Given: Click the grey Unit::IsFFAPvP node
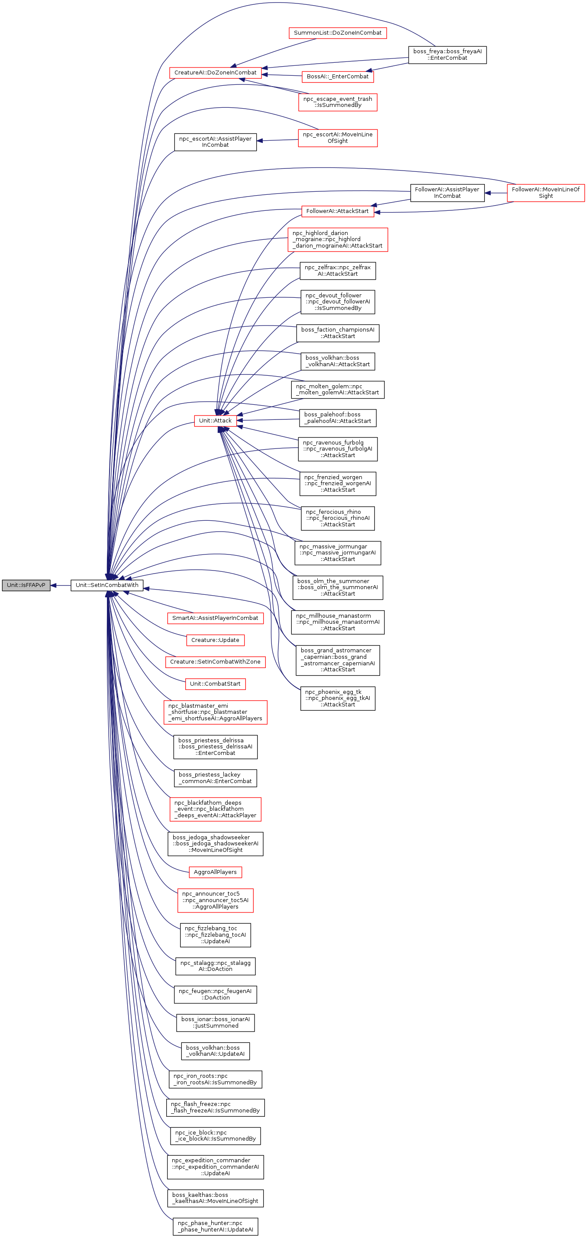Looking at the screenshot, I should (x=26, y=585).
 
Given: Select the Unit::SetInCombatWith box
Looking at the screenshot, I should (x=107, y=585).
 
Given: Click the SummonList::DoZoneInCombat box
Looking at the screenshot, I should (x=338, y=32).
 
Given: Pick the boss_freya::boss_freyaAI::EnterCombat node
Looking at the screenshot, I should (x=447, y=54).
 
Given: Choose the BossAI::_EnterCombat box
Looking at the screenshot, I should (x=338, y=77).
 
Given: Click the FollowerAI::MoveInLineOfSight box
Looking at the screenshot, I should (x=545, y=192).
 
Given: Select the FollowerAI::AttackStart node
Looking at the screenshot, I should (x=337, y=211).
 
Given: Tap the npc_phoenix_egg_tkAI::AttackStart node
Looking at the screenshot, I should (x=338, y=698).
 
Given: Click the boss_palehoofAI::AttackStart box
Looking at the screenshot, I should (x=338, y=418).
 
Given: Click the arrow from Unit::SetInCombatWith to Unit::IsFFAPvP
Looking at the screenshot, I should (x=61, y=585).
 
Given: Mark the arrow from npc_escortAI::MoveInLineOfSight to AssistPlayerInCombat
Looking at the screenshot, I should (x=277, y=140).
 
